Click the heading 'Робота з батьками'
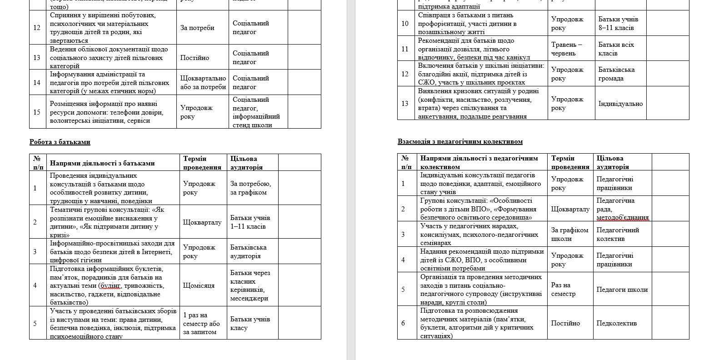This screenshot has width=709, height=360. (60, 142)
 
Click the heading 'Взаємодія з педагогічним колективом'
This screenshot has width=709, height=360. (460, 142)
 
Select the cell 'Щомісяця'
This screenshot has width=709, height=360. (199, 286)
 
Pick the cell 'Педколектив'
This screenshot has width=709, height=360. (614, 323)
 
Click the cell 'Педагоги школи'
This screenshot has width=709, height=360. (622, 290)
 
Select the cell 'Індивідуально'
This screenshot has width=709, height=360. (620, 104)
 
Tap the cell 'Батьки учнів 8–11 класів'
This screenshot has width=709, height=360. (618, 24)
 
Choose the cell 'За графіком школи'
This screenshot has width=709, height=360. (569, 235)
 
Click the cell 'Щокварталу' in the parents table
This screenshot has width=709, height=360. (202, 222)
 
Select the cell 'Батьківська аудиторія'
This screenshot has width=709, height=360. (248, 252)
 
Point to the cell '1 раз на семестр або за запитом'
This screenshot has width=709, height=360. (201, 324)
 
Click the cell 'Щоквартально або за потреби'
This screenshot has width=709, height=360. (203, 83)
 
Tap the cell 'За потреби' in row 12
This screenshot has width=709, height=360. (197, 28)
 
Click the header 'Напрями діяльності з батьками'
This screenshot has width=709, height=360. (102, 163)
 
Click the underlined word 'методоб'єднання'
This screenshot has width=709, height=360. (622, 218)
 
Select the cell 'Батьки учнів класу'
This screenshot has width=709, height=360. (250, 324)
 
